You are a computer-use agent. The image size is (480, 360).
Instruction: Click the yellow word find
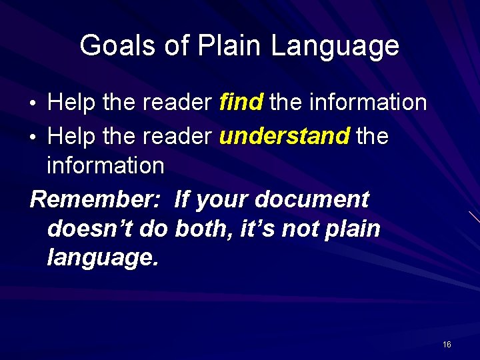click(241, 102)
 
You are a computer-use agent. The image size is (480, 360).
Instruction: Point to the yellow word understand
click(284, 136)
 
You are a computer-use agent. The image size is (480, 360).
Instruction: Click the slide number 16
click(447, 344)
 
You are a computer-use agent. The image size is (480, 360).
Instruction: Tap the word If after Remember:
click(182, 199)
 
